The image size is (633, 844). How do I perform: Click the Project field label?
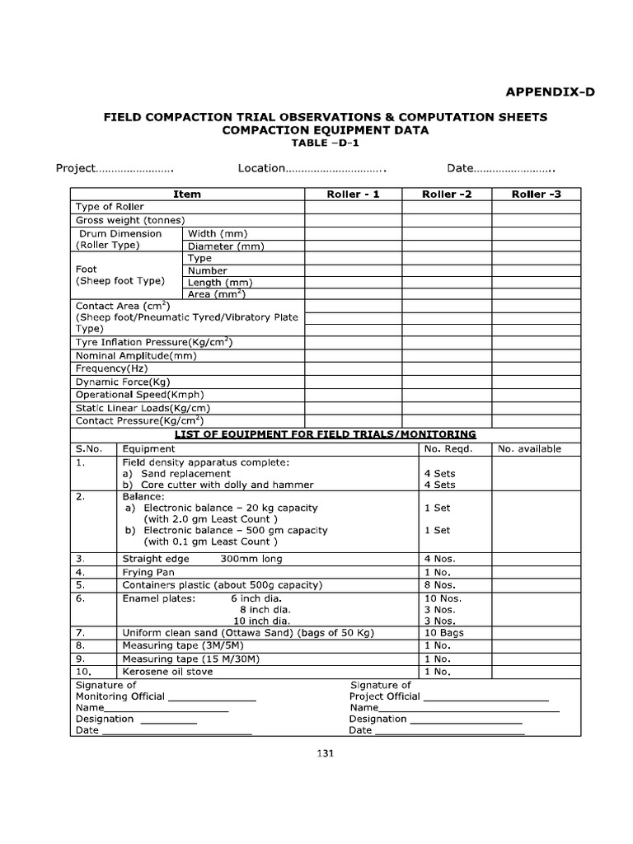pos(75,168)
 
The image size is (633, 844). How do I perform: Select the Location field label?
pos(261,168)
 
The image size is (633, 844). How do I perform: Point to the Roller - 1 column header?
pos(354,195)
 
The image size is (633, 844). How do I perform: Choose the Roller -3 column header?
pos(536,195)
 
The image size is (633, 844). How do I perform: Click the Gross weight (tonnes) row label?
pos(129,220)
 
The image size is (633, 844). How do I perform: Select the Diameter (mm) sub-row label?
pos(225,246)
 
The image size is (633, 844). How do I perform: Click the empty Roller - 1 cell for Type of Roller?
pos(354,207)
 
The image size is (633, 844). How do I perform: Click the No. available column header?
pos(529,449)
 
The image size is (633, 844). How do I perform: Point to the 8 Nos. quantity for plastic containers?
pos(438,585)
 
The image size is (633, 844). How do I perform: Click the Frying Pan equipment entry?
pos(148,572)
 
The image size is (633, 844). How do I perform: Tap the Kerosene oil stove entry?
pos(167,672)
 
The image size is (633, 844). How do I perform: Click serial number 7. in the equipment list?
pos(81,633)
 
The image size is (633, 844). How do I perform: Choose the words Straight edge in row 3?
pos(156,559)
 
